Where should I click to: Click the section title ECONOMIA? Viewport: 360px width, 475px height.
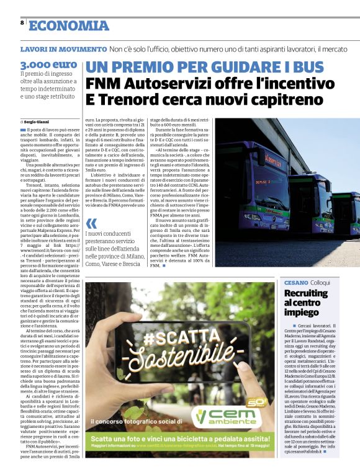(69, 25)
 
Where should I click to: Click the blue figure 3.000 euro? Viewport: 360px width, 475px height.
(48, 64)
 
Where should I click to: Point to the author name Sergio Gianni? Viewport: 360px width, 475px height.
(37, 122)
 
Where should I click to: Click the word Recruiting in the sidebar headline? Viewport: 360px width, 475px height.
(306, 293)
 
